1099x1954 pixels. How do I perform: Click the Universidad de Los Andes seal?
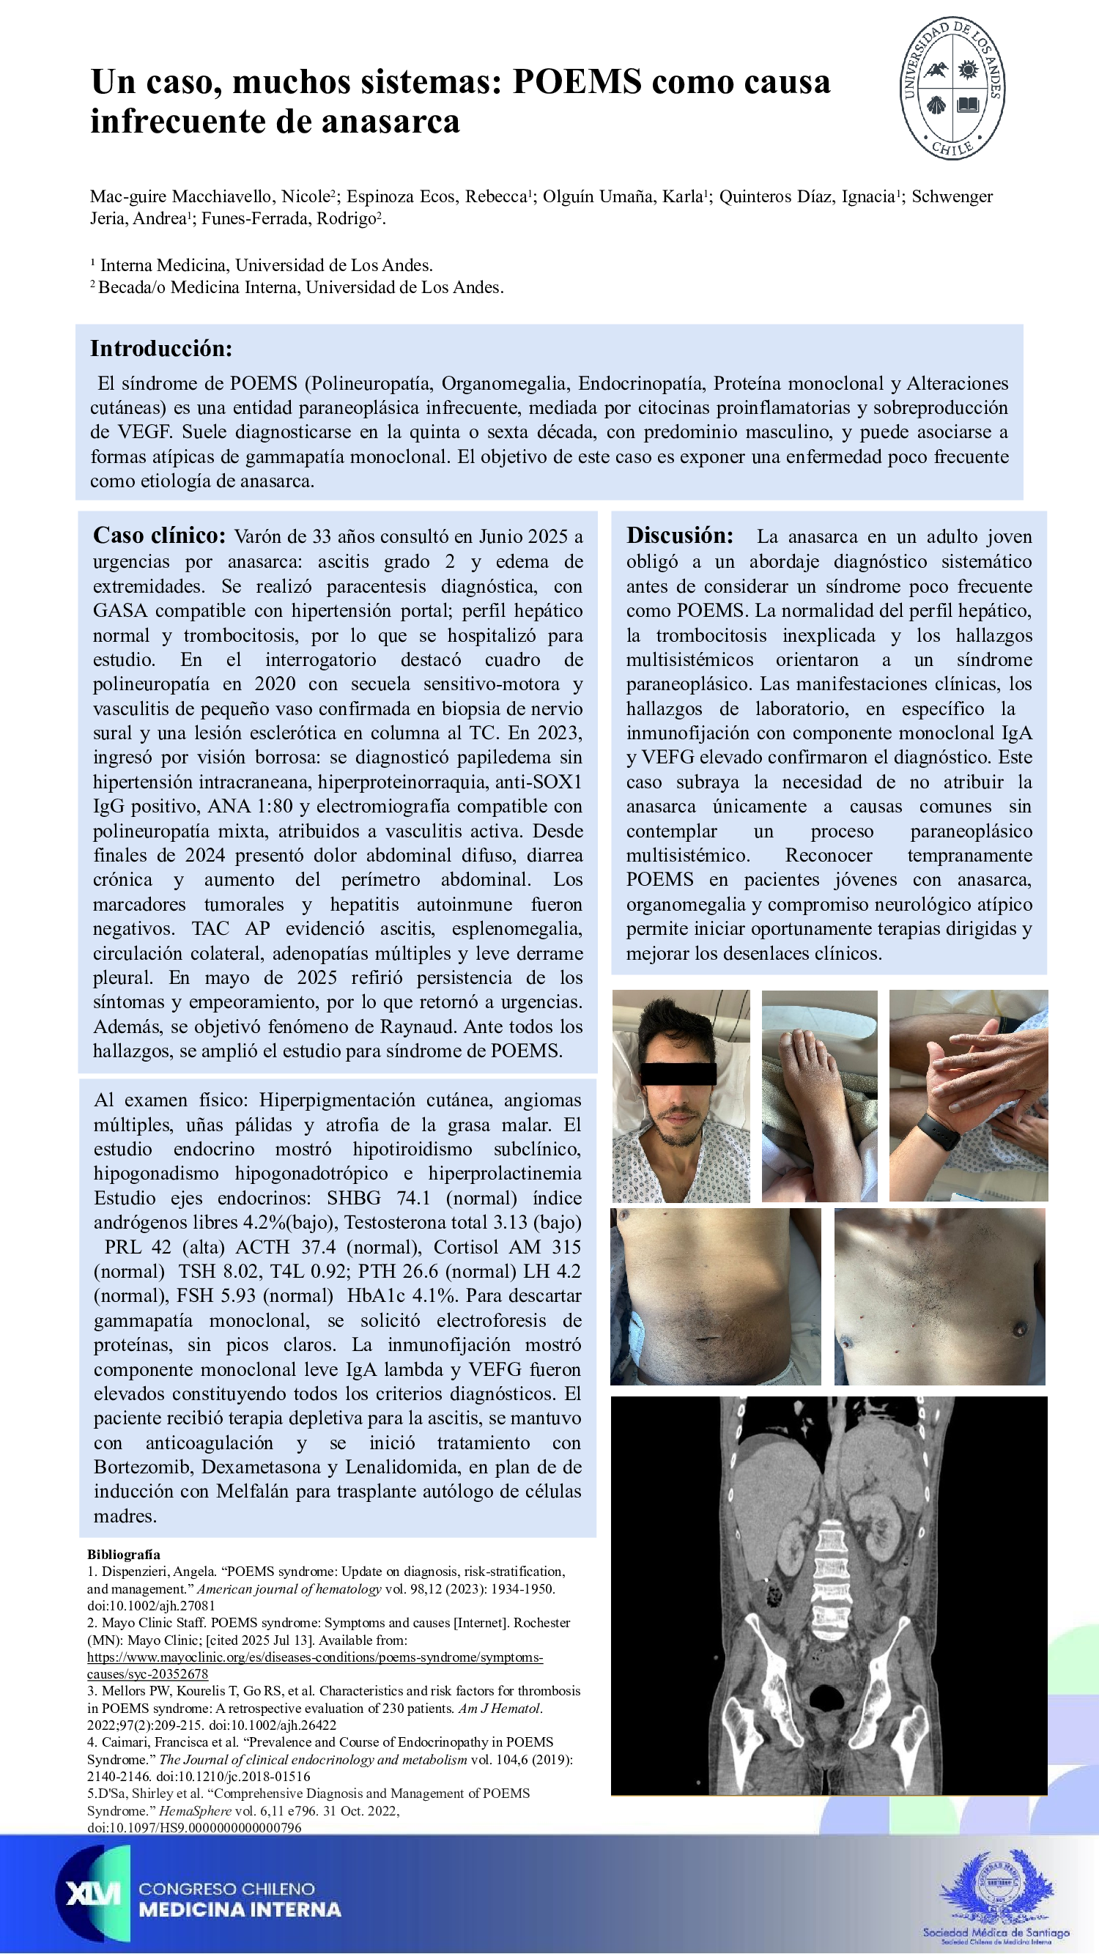point(952,87)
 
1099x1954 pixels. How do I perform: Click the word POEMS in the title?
point(577,81)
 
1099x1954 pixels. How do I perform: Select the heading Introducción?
point(160,348)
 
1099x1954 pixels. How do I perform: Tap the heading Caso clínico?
point(159,536)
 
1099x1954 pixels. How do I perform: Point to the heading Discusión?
point(680,536)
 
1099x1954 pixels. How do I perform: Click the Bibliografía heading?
point(124,1554)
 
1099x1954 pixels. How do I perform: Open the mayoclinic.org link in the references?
point(315,1657)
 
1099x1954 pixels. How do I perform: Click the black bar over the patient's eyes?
point(678,1073)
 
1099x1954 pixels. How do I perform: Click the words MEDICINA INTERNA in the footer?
point(240,1910)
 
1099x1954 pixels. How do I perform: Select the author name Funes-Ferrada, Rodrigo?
point(289,218)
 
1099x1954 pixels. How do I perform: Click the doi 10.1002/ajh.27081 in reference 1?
point(152,1606)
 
